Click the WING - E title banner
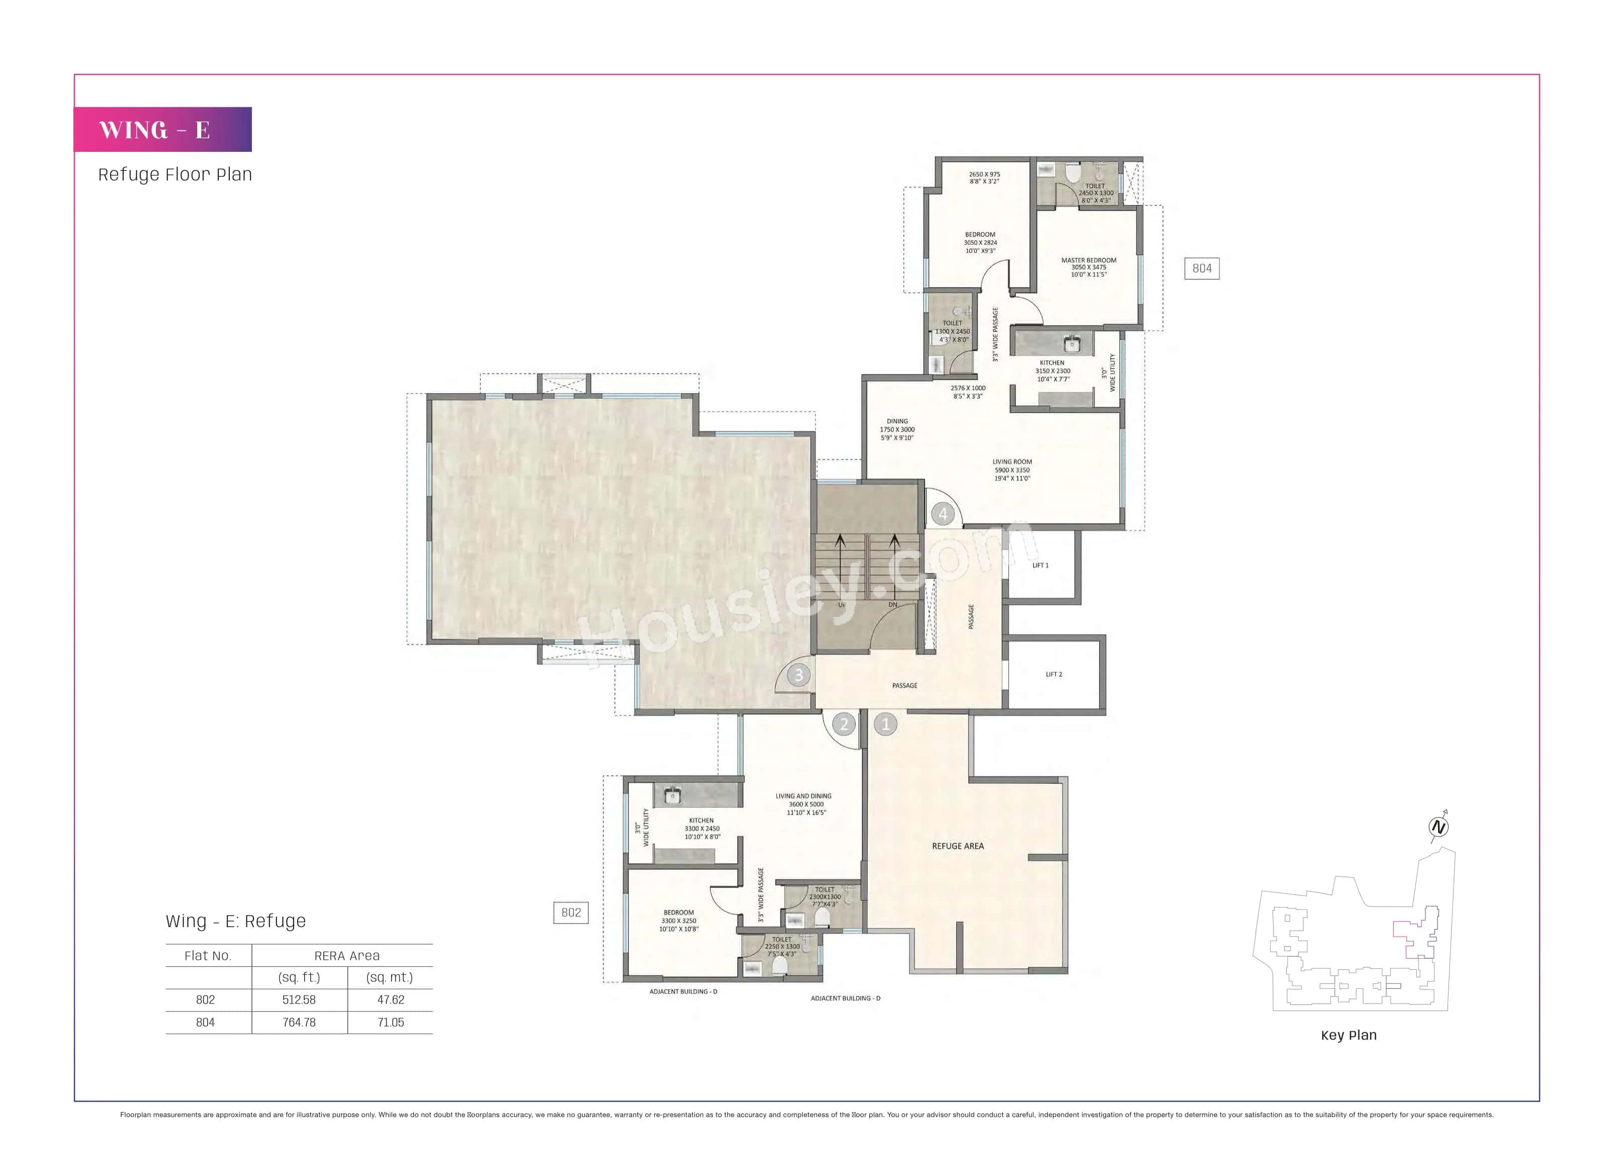pyautogui.click(x=162, y=130)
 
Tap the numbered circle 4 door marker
pyautogui.click(x=943, y=513)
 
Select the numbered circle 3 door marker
pyautogui.click(x=799, y=675)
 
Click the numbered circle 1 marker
pyautogui.click(x=885, y=725)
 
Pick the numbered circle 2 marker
pyautogui.click(x=844, y=725)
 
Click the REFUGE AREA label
pyautogui.click(x=957, y=846)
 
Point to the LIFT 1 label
pyautogui.click(x=1040, y=565)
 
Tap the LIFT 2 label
pyautogui.click(x=1054, y=674)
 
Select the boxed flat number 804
pyautogui.click(x=1202, y=268)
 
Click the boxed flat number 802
pyautogui.click(x=571, y=913)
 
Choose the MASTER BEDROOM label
pyautogui.click(x=1089, y=260)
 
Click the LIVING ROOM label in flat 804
pyautogui.click(x=1012, y=462)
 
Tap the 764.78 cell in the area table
pyautogui.click(x=299, y=1022)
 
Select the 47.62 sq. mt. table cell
pyautogui.click(x=390, y=1000)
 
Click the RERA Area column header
pyautogui.click(x=347, y=956)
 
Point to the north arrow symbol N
pyautogui.click(x=1438, y=827)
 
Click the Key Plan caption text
pyautogui.click(x=1349, y=1035)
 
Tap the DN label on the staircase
pyautogui.click(x=893, y=605)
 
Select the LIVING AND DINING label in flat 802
pyautogui.click(x=803, y=796)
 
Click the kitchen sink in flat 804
pyautogui.click(x=1072, y=344)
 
